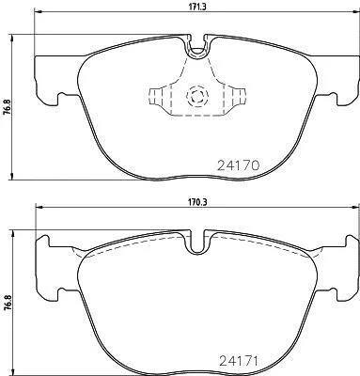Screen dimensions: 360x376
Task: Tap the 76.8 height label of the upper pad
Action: click(7, 107)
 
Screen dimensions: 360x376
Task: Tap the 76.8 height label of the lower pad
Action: click(7, 303)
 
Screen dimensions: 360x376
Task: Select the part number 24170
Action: click(238, 165)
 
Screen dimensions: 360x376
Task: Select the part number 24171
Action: click(238, 361)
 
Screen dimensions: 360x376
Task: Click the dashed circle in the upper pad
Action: click(197, 96)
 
